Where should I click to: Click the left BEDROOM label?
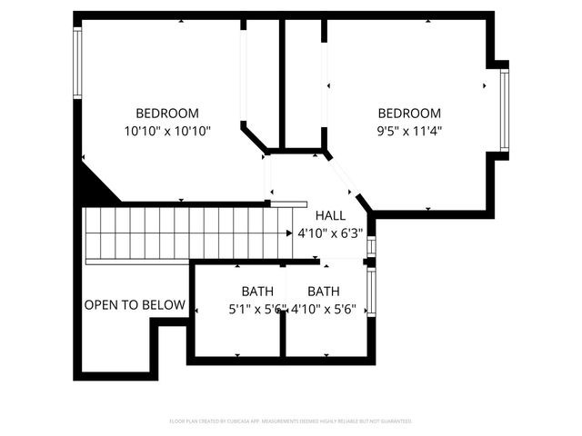(167, 114)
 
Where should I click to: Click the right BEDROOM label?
(409, 114)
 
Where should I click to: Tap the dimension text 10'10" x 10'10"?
(167, 131)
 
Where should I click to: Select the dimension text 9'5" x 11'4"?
(409, 131)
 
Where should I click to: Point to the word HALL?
(330, 215)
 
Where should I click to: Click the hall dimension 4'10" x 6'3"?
(330, 233)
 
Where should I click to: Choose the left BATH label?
(257, 292)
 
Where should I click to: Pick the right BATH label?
(324, 292)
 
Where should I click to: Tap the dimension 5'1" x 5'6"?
(257, 309)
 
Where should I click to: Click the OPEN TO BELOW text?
(135, 305)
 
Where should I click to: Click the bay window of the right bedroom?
(504, 109)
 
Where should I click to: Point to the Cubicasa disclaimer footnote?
(291, 421)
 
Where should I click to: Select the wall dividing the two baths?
(282, 313)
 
